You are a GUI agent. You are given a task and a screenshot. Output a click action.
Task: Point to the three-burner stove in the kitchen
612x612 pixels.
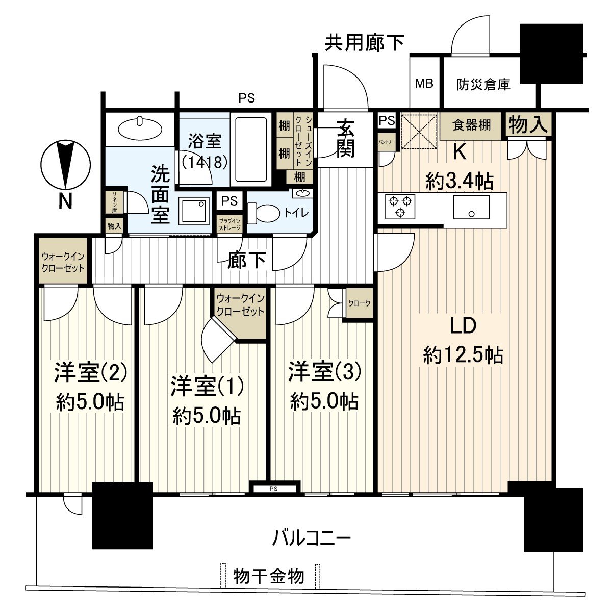(x=400, y=206)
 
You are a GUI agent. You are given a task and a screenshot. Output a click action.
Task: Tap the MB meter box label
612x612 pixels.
(x=424, y=83)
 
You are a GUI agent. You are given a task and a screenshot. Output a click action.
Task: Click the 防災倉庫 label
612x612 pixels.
(x=483, y=84)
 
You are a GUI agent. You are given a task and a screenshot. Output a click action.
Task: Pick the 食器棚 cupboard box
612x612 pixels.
(x=472, y=125)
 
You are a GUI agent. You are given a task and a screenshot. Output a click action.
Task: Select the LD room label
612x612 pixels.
(x=463, y=325)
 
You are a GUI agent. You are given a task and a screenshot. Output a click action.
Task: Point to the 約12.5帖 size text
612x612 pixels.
(x=463, y=354)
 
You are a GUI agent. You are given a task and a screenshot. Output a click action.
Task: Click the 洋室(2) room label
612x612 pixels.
(x=90, y=373)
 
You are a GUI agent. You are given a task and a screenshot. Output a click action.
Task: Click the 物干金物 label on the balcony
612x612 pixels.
(x=269, y=576)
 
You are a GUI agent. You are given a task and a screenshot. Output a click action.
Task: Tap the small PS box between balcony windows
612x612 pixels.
(x=273, y=488)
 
